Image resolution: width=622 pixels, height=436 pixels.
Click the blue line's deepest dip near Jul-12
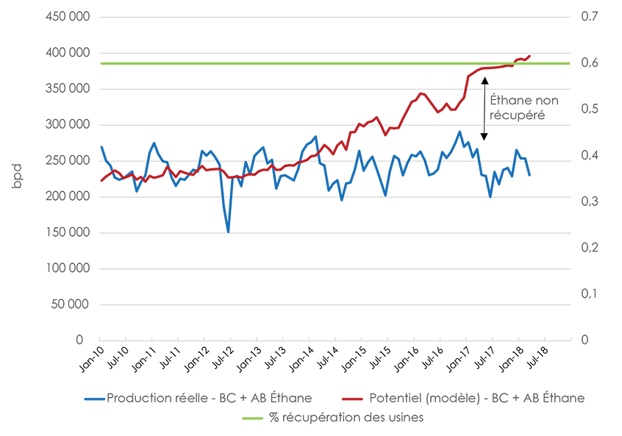tap(228, 232)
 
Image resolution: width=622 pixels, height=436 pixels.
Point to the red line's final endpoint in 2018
tap(530, 56)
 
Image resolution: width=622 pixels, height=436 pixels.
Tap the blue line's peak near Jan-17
tap(460, 132)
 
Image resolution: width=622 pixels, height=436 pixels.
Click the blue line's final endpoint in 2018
tap(529, 175)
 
